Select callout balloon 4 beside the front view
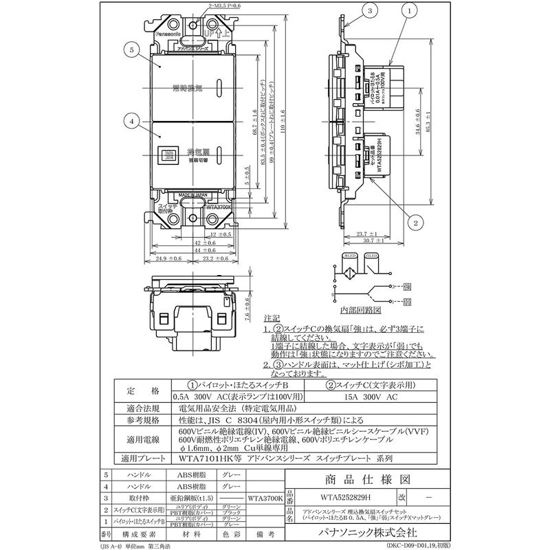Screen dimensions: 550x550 click(x=130, y=121)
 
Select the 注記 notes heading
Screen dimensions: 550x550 click(x=272, y=319)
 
